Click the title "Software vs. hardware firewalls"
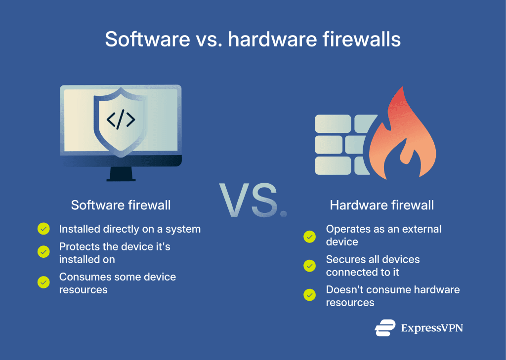pyautogui.click(x=253, y=39)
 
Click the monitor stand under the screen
pyautogui.click(x=121, y=174)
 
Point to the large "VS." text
pyautogui.click(x=253, y=200)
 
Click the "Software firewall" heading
pyautogui.click(x=121, y=205)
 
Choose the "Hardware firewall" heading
pyautogui.click(x=382, y=205)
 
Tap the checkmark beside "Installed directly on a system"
pyautogui.click(x=44, y=229)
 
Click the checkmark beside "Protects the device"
pyautogui.click(x=44, y=252)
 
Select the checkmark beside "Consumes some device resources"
pyautogui.click(x=44, y=282)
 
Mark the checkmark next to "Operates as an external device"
pyautogui.click(x=310, y=237)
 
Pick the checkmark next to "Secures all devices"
pyautogui.click(x=310, y=266)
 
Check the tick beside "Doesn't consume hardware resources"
pyautogui.click(x=310, y=295)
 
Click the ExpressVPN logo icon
pyautogui.click(x=385, y=328)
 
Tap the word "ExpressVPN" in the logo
pyautogui.click(x=432, y=328)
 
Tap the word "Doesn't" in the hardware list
pyautogui.click(x=344, y=289)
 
